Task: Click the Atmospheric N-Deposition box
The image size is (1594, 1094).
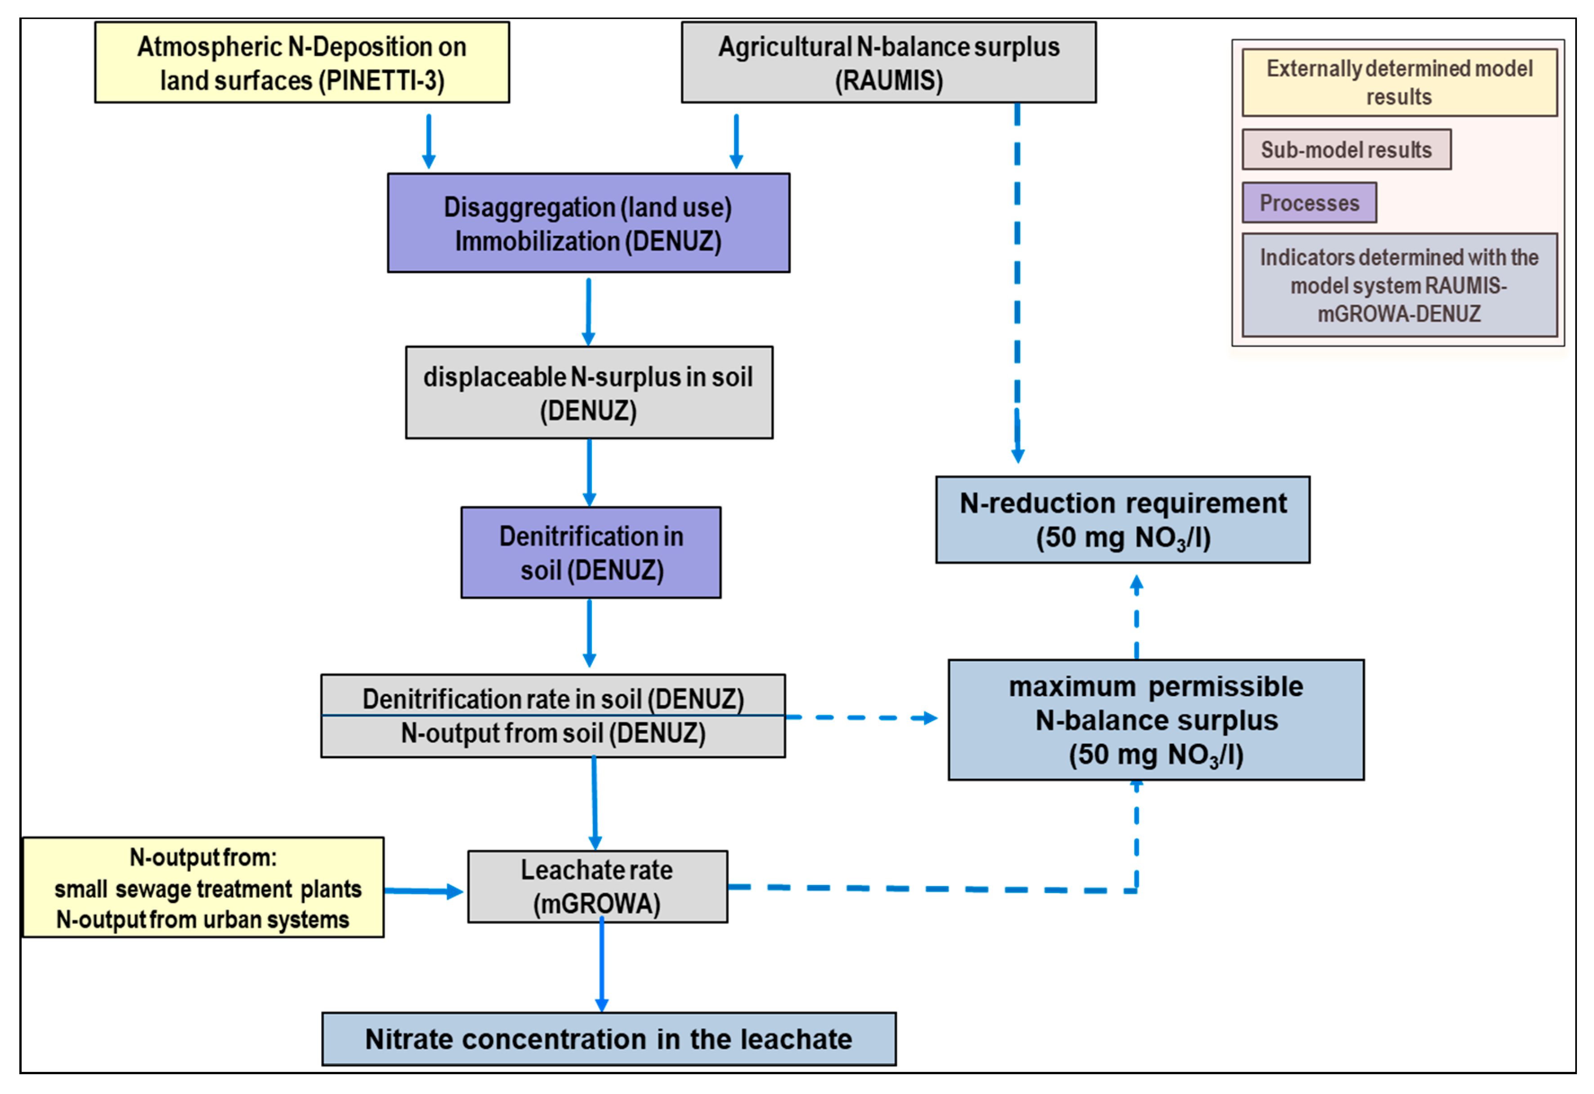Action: [302, 63]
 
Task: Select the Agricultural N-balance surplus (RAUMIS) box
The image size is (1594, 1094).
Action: [888, 63]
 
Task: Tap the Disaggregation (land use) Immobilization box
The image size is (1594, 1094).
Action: [588, 223]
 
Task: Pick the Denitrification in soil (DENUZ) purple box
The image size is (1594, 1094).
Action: [591, 552]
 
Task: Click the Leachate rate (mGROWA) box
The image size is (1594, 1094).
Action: [597, 886]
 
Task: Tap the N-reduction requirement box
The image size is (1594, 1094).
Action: [1123, 520]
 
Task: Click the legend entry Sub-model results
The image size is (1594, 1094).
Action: [1346, 150]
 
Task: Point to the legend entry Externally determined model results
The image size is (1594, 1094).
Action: [1399, 82]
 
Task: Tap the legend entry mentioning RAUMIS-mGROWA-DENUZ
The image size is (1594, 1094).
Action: [1399, 285]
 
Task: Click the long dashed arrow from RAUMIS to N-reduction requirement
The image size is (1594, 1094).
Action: [1017, 282]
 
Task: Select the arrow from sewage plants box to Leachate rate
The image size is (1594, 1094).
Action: [424, 891]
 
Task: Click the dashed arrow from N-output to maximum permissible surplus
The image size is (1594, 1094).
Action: [861, 718]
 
